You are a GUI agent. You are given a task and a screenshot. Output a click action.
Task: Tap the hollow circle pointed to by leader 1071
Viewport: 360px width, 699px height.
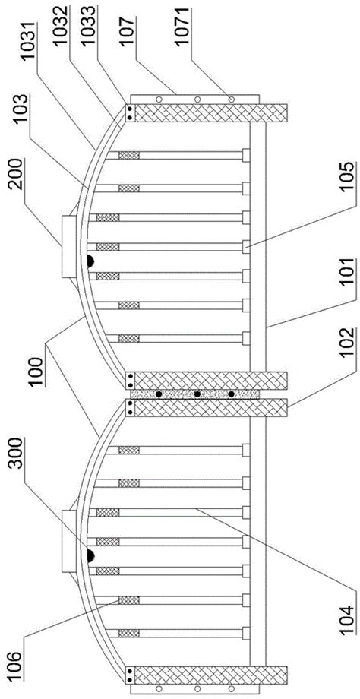231,99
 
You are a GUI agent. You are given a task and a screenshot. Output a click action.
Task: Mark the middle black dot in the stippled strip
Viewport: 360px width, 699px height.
197,394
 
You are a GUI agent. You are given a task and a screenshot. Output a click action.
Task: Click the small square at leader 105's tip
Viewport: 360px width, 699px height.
245,246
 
